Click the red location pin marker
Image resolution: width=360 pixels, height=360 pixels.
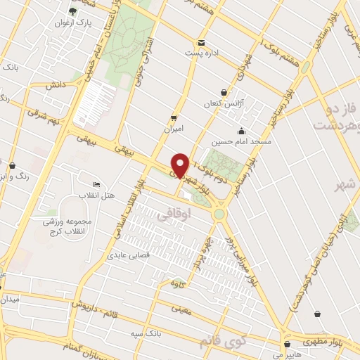[180, 165]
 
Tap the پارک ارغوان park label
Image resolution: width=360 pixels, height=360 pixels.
[73, 22]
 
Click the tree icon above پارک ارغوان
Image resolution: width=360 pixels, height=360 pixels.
[73, 11]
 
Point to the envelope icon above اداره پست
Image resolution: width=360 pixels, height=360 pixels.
[201, 42]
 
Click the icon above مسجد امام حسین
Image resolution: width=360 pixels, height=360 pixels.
[242, 130]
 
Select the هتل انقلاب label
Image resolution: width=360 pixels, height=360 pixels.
[91, 194]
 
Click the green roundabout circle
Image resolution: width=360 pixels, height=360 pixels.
[219, 213]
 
